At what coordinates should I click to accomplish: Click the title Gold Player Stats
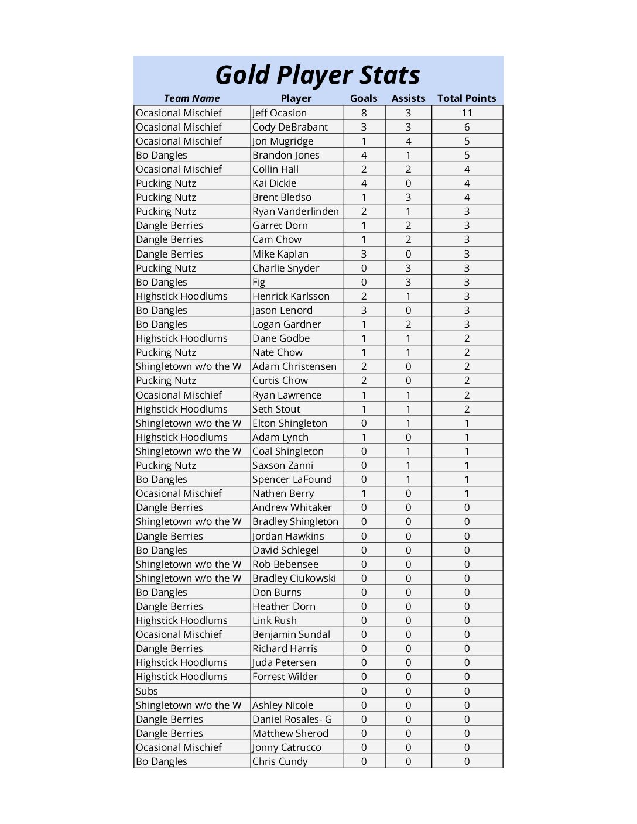coord(318,75)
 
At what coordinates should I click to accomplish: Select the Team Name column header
coord(191,98)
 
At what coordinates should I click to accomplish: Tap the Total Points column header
coord(467,98)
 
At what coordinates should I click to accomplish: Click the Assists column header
coord(408,98)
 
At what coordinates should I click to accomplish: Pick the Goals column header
coord(364,98)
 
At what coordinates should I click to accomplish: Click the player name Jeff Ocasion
coord(279,113)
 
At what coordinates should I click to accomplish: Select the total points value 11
coord(467,113)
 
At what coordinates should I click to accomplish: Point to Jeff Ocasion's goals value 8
coord(364,113)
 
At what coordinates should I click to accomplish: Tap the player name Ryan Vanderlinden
coord(295,211)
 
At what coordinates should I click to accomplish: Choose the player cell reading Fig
coord(259,282)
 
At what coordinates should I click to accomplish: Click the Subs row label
coord(147,691)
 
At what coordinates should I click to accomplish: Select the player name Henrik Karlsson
coord(291,296)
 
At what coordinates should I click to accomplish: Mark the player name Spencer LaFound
coord(292,479)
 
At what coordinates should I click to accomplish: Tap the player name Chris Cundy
coord(280,761)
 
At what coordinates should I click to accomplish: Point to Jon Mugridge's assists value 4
coord(408,141)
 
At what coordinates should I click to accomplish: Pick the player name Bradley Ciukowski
coord(294,578)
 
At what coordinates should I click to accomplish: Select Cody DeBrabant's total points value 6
coord(467,127)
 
